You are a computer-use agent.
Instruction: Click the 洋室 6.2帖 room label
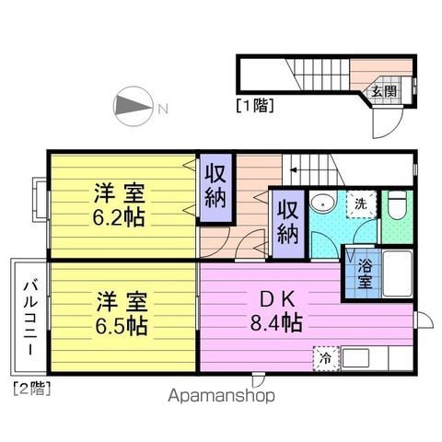(x=119, y=204)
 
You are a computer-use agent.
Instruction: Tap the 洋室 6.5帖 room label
(x=122, y=313)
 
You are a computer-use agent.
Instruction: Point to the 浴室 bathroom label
(x=365, y=273)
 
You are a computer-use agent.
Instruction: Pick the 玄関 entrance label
(x=384, y=91)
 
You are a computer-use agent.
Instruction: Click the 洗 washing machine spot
(x=361, y=204)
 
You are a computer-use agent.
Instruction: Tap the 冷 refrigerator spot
(x=326, y=358)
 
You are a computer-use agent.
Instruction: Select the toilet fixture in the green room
(x=398, y=205)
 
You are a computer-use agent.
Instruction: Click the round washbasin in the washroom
(x=322, y=203)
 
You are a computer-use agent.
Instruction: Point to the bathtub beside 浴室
(x=397, y=273)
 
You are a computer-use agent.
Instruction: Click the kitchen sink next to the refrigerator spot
(x=355, y=358)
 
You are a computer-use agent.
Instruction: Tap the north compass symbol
(x=133, y=106)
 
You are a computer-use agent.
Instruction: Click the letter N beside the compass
(x=163, y=108)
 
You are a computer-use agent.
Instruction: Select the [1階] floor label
(x=255, y=105)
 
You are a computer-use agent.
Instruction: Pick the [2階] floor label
(x=32, y=389)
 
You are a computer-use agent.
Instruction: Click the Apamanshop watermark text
(x=221, y=396)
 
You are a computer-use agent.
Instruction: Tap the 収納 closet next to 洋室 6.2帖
(x=215, y=188)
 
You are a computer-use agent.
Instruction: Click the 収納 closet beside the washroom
(x=288, y=224)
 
